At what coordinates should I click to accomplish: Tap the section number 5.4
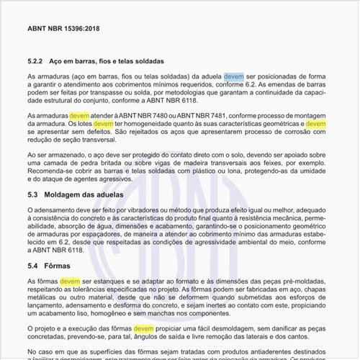click(x=33, y=266)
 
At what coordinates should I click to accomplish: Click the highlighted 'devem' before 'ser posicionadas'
click(x=233, y=76)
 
